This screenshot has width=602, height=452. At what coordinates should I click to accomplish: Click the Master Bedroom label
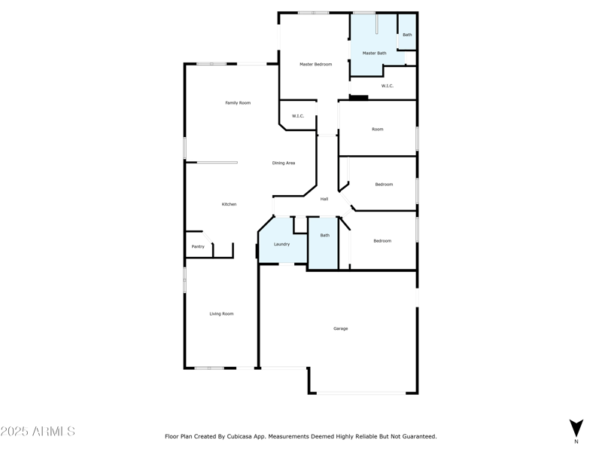[315, 64]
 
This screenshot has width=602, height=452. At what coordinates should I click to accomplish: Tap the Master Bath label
[374, 53]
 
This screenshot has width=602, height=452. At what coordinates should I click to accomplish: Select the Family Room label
[238, 102]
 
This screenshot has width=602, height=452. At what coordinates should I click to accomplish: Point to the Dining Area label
[284, 163]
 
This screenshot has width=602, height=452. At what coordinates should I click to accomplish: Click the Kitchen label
[229, 204]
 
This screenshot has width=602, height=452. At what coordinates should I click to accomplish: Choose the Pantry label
[198, 246]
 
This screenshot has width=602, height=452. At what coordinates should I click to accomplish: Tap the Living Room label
[221, 313]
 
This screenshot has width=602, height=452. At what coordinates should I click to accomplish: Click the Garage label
[341, 328]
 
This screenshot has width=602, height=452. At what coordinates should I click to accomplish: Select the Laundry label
[281, 244]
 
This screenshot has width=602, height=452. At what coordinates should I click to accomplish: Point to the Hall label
[324, 199]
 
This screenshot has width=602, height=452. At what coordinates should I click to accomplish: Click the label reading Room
[378, 130]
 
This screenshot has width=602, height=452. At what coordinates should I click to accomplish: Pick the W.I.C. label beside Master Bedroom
[298, 116]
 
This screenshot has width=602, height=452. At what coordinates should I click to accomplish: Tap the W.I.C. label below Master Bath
[388, 86]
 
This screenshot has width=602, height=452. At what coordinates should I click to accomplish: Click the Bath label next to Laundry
[325, 235]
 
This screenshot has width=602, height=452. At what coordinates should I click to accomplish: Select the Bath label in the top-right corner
[407, 35]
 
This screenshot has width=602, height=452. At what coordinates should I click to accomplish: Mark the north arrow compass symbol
[576, 428]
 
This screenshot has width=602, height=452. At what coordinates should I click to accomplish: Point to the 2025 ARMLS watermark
[38, 432]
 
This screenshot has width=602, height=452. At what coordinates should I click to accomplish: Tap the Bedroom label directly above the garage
[382, 241]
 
